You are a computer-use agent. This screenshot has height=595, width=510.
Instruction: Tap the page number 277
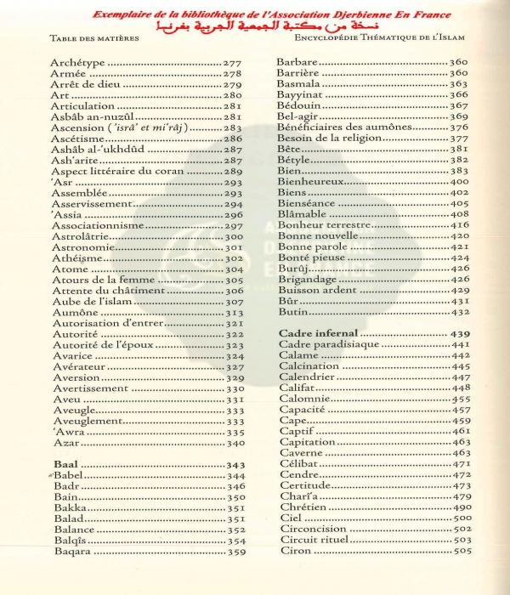[233, 64]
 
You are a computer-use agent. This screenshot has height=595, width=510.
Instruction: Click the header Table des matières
[87, 38]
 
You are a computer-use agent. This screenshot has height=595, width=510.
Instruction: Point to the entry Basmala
[300, 85]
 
